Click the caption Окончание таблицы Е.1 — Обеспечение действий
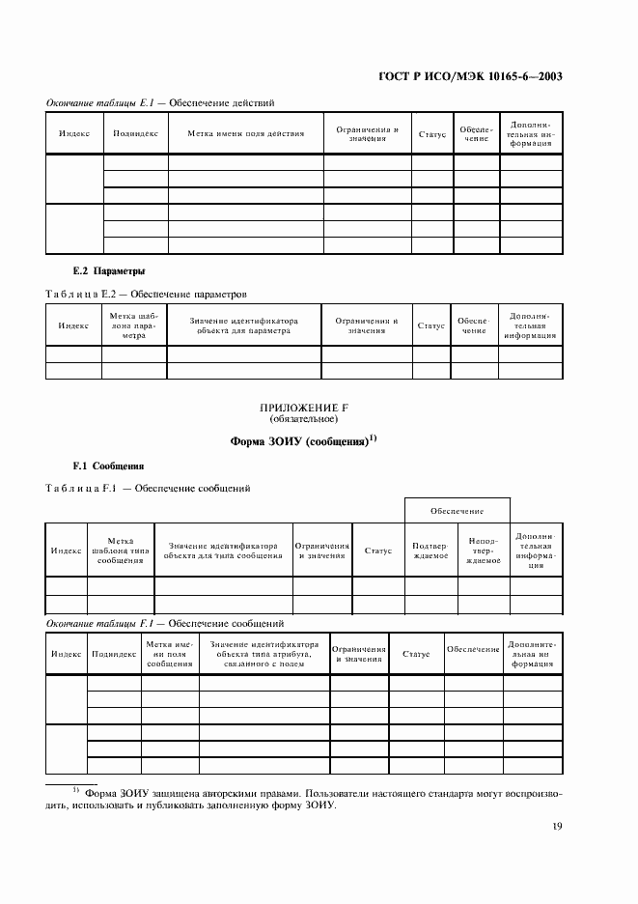(161, 101)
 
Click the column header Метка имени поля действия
(245, 133)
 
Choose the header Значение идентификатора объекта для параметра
(243, 325)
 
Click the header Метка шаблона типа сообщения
(120, 551)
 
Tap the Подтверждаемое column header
(430, 551)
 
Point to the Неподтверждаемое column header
(482, 551)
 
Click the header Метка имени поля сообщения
(170, 654)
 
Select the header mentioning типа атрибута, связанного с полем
(264, 654)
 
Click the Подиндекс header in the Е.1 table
(135, 133)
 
